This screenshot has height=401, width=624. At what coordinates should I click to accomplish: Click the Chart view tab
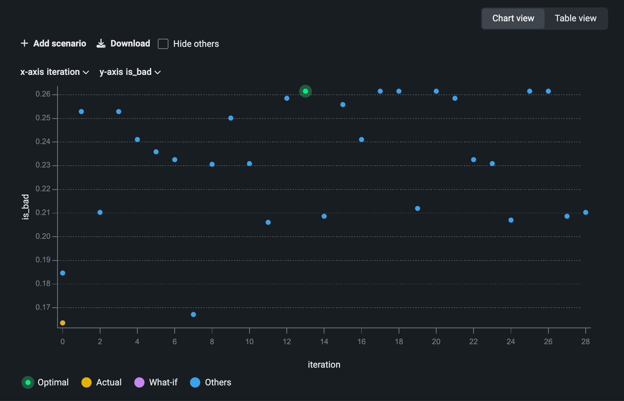click(x=513, y=18)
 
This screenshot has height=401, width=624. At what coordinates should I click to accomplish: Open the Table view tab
click(x=575, y=18)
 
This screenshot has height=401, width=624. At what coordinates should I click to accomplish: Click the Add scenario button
click(x=54, y=44)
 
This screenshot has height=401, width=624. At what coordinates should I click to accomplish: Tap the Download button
click(x=124, y=44)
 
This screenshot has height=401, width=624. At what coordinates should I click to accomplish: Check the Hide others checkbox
click(x=163, y=44)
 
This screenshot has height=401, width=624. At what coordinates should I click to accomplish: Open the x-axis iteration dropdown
click(x=55, y=72)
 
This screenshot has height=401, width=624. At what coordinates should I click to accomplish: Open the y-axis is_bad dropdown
click(x=130, y=72)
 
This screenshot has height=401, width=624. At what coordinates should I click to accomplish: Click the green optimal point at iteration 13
click(x=305, y=91)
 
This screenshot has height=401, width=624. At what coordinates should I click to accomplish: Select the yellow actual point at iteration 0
click(x=62, y=323)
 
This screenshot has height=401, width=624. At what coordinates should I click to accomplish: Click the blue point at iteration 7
click(x=193, y=314)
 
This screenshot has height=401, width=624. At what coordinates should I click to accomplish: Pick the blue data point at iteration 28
click(x=586, y=212)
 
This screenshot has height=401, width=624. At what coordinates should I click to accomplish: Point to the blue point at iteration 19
click(x=417, y=208)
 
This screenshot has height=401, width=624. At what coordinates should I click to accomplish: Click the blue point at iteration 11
click(x=268, y=222)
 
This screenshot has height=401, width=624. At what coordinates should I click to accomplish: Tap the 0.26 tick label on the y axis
click(x=43, y=94)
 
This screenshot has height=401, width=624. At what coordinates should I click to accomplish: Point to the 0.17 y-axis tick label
click(x=43, y=307)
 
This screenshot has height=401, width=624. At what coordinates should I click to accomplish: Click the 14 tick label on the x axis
click(x=324, y=342)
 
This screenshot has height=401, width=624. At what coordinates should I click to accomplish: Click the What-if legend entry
click(x=156, y=382)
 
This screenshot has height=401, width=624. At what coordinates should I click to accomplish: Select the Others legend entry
click(x=211, y=382)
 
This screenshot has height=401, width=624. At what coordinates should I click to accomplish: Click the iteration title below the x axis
click(x=324, y=364)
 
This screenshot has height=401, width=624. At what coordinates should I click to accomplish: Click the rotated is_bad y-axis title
click(x=25, y=207)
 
